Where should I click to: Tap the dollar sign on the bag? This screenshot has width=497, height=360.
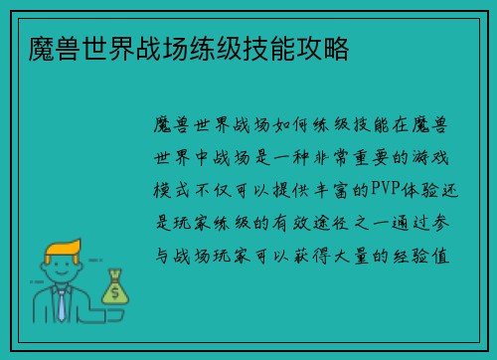tap(115, 291)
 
